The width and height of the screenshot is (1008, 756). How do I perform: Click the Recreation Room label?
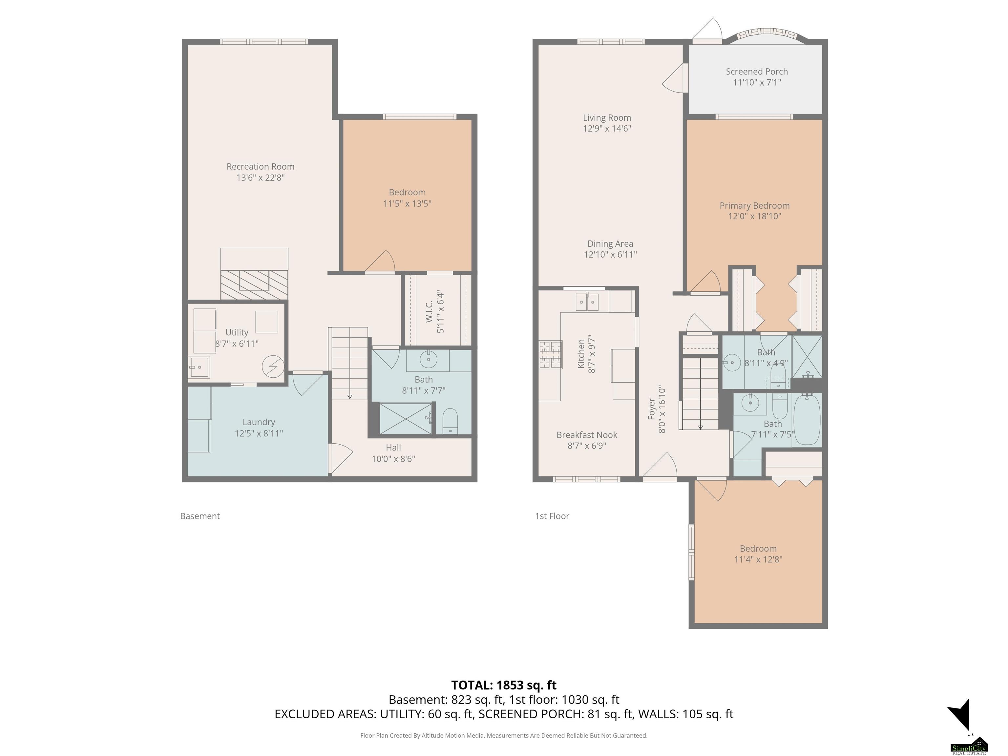[x=260, y=167]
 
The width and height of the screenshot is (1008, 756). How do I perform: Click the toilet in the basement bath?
[x=450, y=421]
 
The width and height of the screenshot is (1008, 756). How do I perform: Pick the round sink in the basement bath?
[x=428, y=360]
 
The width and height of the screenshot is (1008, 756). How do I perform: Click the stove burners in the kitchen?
[x=551, y=354]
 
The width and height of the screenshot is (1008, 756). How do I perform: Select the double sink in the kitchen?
[x=587, y=302]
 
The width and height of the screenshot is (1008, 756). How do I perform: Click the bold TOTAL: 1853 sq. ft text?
[x=504, y=685]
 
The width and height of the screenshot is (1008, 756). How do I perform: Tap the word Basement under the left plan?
[x=200, y=516]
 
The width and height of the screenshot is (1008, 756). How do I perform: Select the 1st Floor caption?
[x=552, y=516]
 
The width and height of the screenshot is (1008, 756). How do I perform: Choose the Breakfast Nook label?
[x=587, y=435]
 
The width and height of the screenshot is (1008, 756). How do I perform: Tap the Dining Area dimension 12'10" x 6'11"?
[x=610, y=255]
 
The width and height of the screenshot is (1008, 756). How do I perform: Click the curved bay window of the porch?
[x=766, y=35]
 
